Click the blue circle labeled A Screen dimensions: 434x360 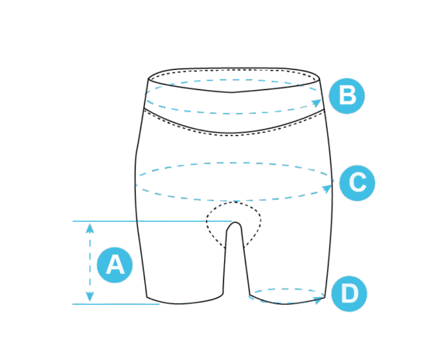[x=115, y=265]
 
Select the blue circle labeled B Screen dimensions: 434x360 [x=347, y=96]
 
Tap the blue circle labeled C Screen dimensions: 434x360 [x=357, y=182]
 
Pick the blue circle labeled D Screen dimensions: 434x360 [x=349, y=294]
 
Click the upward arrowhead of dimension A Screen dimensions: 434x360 [x=90, y=228]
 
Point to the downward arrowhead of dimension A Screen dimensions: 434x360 [x=90, y=296]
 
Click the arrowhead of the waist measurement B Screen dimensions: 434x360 [x=317, y=102]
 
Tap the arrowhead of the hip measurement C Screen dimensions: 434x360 [x=327, y=189]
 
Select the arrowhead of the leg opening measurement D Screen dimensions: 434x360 [x=319, y=299]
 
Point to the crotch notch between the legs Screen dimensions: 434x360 [x=235, y=223]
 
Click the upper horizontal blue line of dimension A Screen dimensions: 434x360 [x=152, y=221]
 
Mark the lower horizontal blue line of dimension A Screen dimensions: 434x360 [x=116, y=304]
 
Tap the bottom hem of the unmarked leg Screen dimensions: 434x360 [x=185, y=302]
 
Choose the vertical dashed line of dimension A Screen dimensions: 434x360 [x=90, y=262]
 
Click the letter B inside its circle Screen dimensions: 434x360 [x=347, y=96]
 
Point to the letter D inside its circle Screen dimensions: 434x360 [x=350, y=294]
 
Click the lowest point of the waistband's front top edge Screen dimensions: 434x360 [x=232, y=92]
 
